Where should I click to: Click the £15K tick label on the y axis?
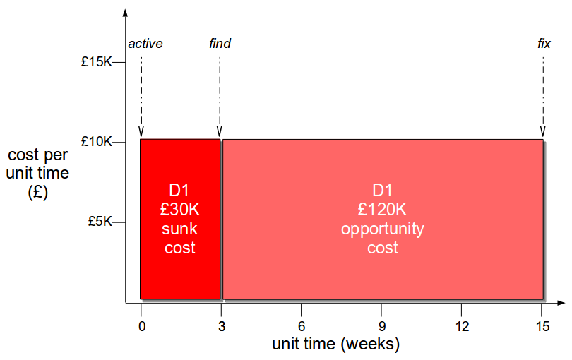coord(96,62)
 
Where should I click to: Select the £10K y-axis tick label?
coord(96,141)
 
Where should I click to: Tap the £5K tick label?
coord(100,222)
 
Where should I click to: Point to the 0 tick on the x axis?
coord(142,326)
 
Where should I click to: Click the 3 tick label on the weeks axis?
coord(222,326)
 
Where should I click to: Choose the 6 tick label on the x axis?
coord(302,326)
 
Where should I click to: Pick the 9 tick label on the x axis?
coord(382,326)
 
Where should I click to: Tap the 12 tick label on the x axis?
coord(463,326)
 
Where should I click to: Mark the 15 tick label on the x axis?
coord(543,326)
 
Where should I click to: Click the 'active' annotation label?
coord(145,44)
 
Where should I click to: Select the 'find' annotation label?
coord(220,44)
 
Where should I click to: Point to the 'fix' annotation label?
coord(544,44)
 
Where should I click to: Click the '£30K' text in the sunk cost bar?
coord(180,210)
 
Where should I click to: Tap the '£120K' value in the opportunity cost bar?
coord(382,210)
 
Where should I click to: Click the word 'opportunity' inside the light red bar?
coord(382,229)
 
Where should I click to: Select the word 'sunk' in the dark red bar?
coord(179,229)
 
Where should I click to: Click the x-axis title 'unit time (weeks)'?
coord(336,344)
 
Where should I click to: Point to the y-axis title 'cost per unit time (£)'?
coord(37,174)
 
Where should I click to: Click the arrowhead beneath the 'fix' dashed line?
coord(543,132)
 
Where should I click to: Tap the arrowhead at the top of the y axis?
coord(125,13)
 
